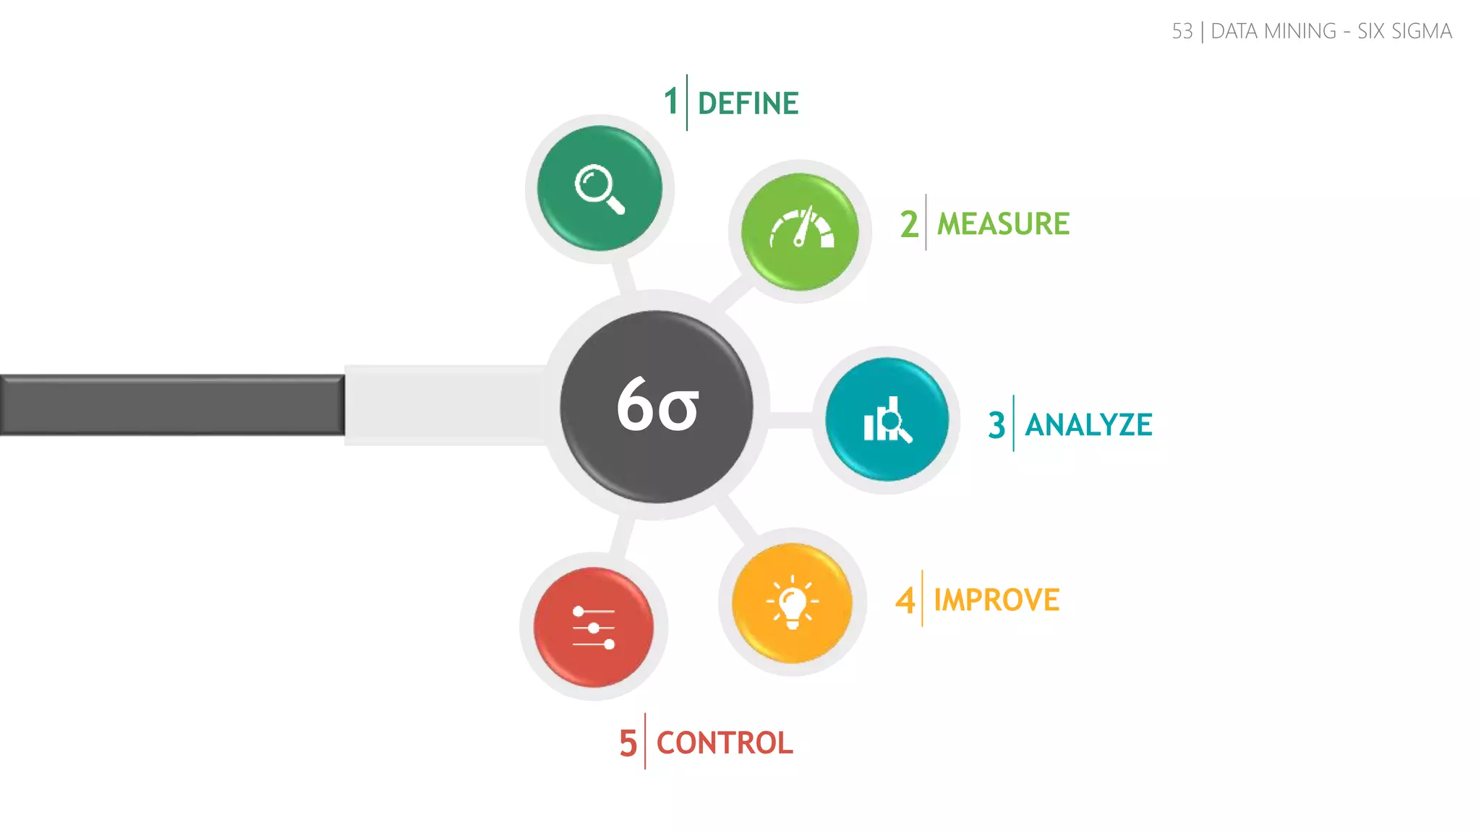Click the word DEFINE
pyautogui.click(x=748, y=103)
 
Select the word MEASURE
pyautogui.click(x=1003, y=224)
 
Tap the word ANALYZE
pyautogui.click(x=1088, y=425)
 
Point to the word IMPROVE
pyautogui.click(x=996, y=600)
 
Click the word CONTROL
pyautogui.click(x=725, y=743)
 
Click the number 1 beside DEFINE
pyautogui.click(x=671, y=101)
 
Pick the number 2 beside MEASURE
pyautogui.click(x=909, y=224)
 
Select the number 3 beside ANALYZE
pyautogui.click(x=996, y=425)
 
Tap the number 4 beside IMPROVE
pyautogui.click(x=905, y=600)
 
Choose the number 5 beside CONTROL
pyautogui.click(x=628, y=743)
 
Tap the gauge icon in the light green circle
pyautogui.click(x=801, y=228)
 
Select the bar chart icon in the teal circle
pyautogui.click(x=887, y=420)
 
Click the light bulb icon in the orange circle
pyautogui.click(x=793, y=602)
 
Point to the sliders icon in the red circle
pyautogui.click(x=594, y=628)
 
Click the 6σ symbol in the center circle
pyautogui.click(x=657, y=406)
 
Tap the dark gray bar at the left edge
pyautogui.click(x=172, y=405)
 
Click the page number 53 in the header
pyautogui.click(x=1182, y=32)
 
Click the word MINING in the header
pyautogui.click(x=1299, y=32)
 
